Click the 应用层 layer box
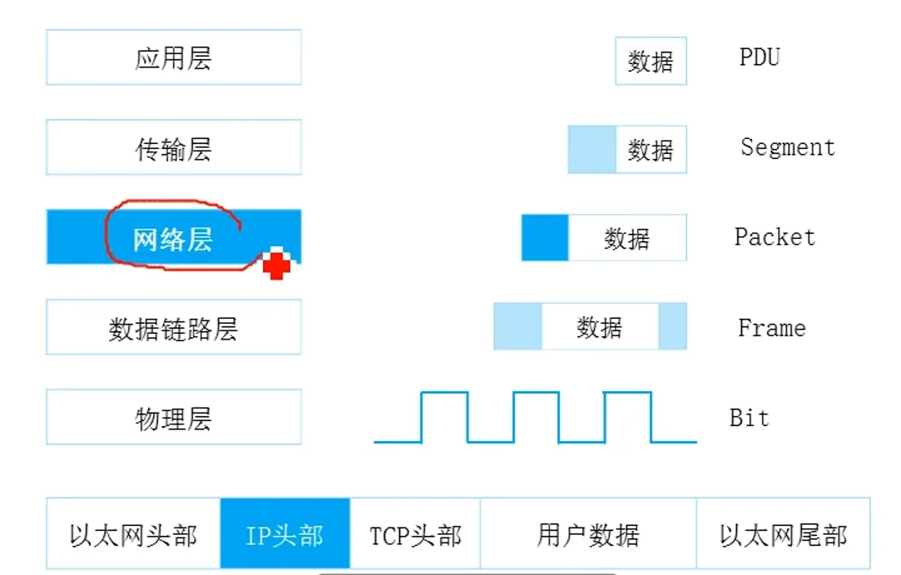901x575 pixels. click(173, 58)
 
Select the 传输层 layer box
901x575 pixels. click(173, 149)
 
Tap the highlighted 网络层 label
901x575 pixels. click(173, 239)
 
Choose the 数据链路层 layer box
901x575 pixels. click(173, 329)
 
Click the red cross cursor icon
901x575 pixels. click(277, 265)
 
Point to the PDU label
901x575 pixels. click(759, 57)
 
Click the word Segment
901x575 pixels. click(787, 147)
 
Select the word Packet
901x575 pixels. click(775, 237)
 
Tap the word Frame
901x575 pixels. click(771, 328)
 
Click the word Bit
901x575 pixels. click(749, 417)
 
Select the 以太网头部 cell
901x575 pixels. click(133, 535)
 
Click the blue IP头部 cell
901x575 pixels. click(285, 535)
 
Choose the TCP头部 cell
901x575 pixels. click(415, 535)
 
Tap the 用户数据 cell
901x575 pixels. click(587, 535)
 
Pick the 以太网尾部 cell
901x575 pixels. click(783, 535)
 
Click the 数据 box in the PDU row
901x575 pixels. click(651, 61)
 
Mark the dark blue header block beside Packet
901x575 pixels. click(545, 238)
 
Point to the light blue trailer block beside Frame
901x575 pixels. click(673, 326)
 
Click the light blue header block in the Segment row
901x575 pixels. click(592, 150)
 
